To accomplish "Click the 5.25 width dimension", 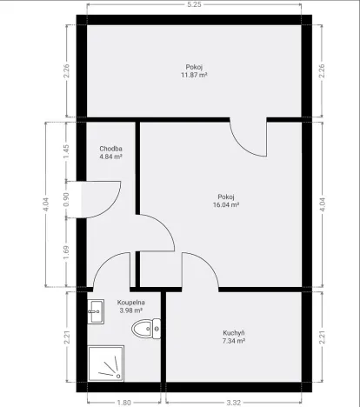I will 194,4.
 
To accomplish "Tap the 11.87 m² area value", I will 194,76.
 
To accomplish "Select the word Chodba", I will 110,148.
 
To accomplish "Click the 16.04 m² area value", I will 226,205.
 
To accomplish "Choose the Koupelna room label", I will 130,302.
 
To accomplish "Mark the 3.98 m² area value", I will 130,310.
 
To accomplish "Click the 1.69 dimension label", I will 66,255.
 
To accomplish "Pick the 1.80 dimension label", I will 123,402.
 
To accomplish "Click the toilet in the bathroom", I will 146,327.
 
